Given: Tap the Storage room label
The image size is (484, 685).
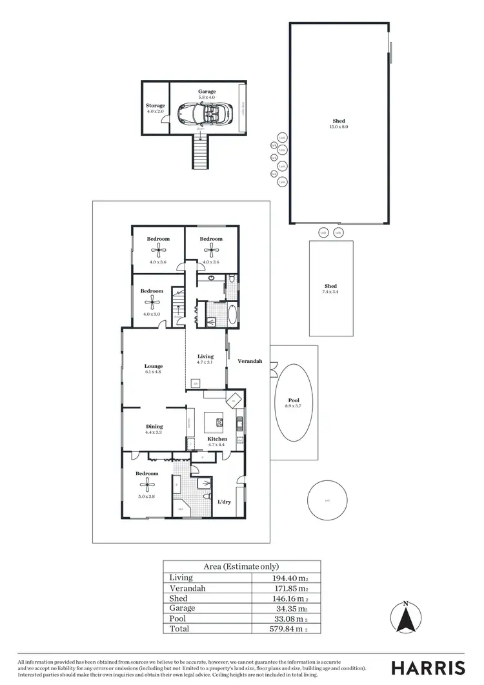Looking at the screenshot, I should point(156,105).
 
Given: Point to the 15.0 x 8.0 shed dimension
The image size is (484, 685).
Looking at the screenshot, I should point(339,127).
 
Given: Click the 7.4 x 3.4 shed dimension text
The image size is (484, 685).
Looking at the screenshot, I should point(330,292).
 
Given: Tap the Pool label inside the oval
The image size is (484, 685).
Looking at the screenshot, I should point(294,400).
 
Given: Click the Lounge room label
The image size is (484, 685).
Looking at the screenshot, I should point(154,366).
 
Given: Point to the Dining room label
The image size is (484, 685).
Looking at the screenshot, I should point(154,426).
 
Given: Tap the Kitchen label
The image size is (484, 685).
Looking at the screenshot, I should point(199,439).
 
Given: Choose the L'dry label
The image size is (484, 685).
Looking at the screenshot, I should point(224,502).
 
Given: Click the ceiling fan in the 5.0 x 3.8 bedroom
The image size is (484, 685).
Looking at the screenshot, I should point(146,488).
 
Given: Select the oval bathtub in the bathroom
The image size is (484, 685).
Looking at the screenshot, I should point(232,315).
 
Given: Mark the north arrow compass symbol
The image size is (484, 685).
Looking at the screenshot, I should point(405,618).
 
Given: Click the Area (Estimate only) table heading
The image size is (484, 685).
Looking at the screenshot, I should point(241,567).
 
